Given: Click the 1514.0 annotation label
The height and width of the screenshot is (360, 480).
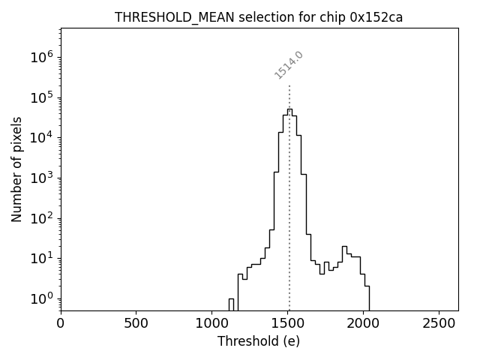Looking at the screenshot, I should pos(289,65).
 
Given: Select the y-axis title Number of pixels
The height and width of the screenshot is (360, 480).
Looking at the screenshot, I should pos(16,169).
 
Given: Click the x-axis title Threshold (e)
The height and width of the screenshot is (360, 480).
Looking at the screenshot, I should pos(259,341).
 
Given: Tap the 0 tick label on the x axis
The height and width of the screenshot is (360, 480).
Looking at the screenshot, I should pos(61,323).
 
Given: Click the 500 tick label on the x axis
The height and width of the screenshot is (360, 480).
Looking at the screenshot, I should pos(136,323).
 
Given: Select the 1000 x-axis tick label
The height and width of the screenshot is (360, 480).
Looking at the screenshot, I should pos(212,323).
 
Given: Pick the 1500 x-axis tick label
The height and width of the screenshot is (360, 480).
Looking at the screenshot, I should pos(288,323).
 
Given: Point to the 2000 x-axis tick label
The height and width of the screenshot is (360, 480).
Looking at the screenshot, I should pos(364,323).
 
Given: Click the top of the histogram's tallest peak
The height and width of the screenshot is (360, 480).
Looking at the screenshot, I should pos(289,109).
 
